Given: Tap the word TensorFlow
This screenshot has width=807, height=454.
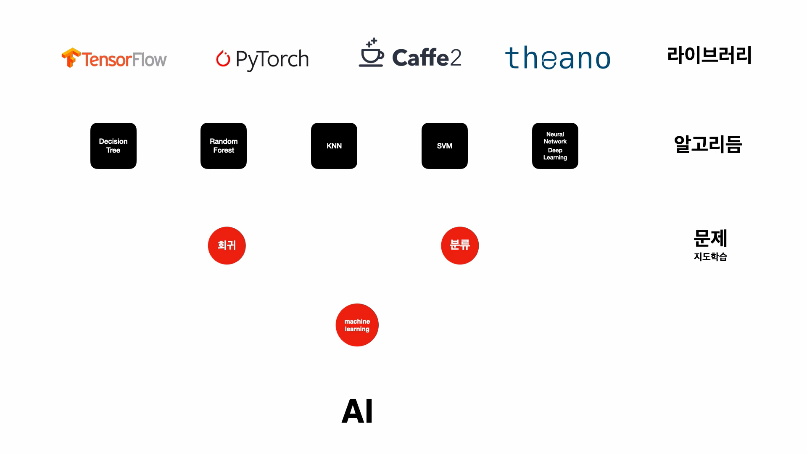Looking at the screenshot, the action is (124, 60).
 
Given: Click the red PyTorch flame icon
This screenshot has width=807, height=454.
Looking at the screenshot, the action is (223, 58).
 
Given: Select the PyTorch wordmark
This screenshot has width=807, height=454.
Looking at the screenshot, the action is (272, 59).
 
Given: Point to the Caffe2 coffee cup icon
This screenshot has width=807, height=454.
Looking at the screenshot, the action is (371, 53).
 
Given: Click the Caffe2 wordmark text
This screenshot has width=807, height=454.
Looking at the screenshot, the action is (427, 58).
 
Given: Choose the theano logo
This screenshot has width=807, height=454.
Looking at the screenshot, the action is (557, 58).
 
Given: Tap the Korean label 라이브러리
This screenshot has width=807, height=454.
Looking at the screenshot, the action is (709, 55).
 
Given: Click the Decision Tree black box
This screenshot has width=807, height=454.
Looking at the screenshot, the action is (113, 146).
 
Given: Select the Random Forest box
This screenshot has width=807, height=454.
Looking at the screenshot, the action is (224, 146).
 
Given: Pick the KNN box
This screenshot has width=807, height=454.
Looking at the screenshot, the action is (334, 146).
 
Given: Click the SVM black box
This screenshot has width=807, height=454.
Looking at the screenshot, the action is (445, 146).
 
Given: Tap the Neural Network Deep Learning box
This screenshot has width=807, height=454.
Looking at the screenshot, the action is (555, 146).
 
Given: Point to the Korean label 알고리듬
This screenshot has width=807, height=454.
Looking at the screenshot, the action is (708, 144).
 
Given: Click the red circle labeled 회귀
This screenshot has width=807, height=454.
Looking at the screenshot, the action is (227, 245).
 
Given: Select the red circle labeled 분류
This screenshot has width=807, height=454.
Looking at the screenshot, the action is (460, 245).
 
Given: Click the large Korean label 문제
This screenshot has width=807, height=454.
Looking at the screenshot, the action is (710, 238).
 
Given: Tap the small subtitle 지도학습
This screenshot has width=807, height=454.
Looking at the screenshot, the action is (710, 256).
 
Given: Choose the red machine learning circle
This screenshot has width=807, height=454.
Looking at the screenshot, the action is (357, 325).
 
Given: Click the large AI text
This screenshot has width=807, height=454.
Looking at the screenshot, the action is (357, 411).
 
